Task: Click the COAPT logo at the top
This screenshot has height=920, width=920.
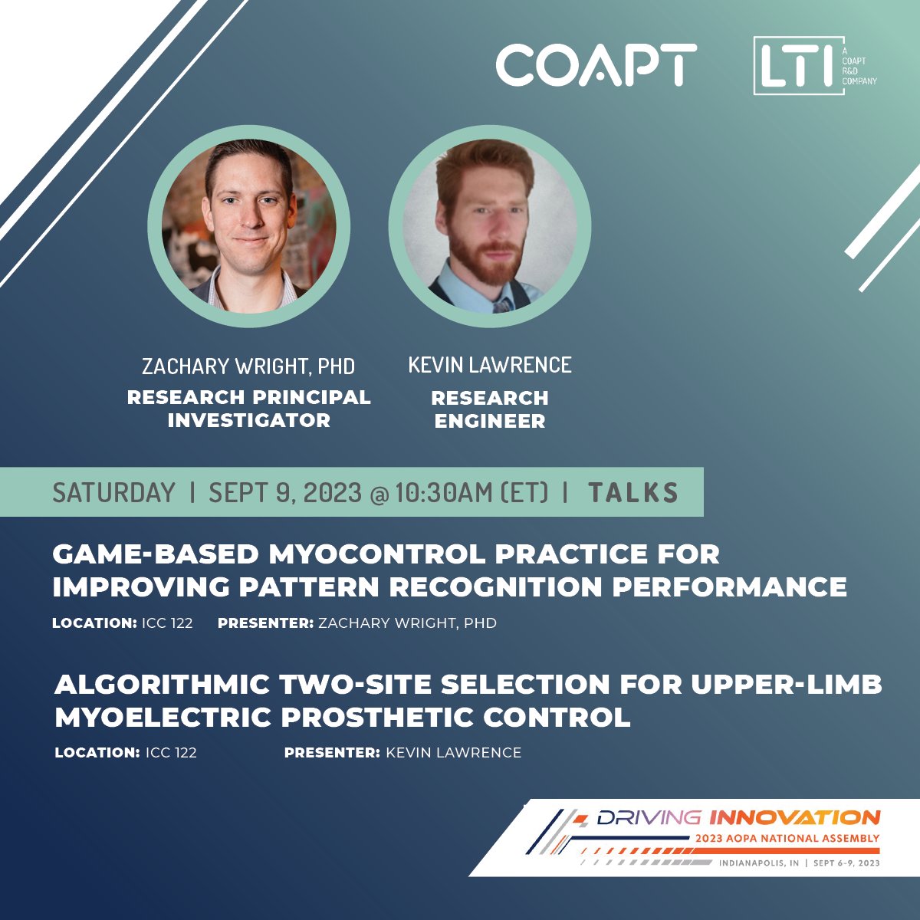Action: (x=596, y=64)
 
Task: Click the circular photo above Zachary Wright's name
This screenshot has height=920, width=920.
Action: (x=249, y=226)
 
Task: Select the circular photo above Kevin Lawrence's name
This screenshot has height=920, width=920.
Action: (x=490, y=226)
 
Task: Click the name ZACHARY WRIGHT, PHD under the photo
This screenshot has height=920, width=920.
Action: (x=248, y=366)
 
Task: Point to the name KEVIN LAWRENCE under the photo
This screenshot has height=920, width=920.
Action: (x=490, y=365)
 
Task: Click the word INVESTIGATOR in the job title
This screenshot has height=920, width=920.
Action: (x=248, y=421)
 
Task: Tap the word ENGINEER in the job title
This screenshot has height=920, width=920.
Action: (x=490, y=421)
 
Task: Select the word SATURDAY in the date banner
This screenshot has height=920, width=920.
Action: (x=113, y=492)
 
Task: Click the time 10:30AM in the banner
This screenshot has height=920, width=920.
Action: (x=443, y=492)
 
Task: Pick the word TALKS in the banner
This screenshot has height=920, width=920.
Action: (x=633, y=492)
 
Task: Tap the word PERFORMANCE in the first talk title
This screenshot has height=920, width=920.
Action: (x=739, y=587)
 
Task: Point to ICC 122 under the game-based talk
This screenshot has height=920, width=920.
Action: (x=167, y=623)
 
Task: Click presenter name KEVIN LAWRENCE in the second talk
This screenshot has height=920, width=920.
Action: (x=453, y=753)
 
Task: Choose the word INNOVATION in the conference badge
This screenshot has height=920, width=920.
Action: (x=793, y=817)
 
